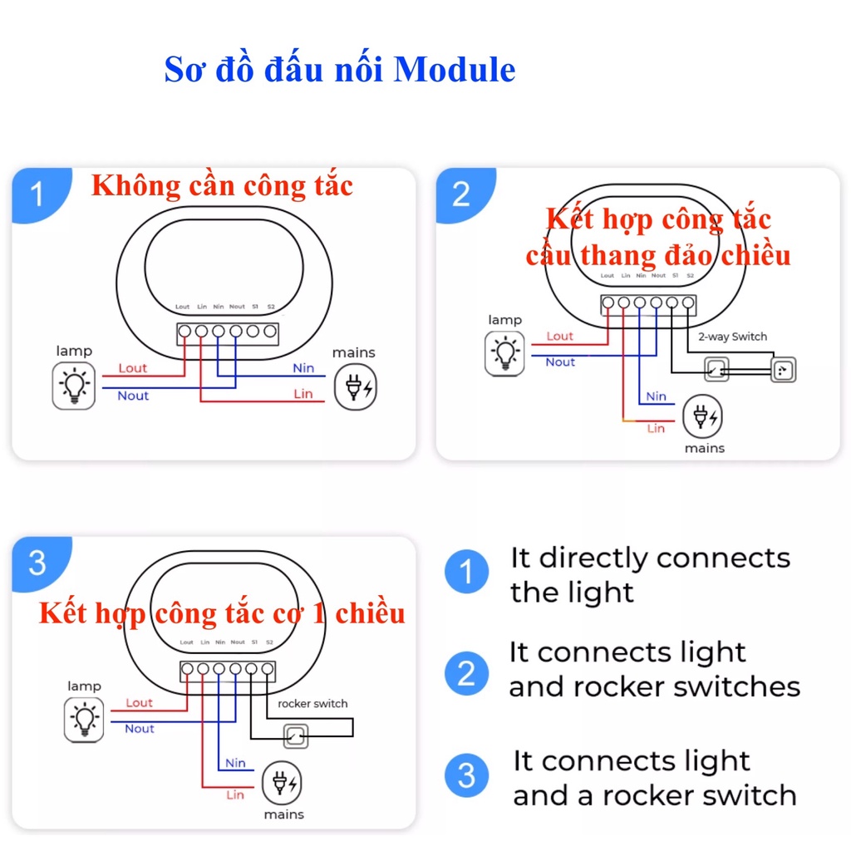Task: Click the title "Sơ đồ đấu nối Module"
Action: (x=339, y=71)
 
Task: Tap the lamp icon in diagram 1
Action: (x=73, y=386)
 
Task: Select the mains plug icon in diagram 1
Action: (x=355, y=387)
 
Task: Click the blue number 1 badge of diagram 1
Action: (x=37, y=196)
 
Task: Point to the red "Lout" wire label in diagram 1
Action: (x=132, y=368)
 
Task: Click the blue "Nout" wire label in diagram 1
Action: (x=133, y=396)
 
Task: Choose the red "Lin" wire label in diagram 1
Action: (x=303, y=394)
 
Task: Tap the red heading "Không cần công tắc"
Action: (x=222, y=185)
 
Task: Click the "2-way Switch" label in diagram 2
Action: (x=732, y=337)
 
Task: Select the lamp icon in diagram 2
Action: (x=505, y=352)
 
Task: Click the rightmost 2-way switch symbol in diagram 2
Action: (x=783, y=370)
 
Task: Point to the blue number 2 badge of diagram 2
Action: (x=461, y=194)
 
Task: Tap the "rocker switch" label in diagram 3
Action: (x=312, y=703)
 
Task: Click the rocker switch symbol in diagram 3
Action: (x=294, y=735)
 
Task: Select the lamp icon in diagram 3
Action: (x=85, y=719)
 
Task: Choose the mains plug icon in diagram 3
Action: (x=283, y=784)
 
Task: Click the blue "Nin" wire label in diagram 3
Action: (x=235, y=763)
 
